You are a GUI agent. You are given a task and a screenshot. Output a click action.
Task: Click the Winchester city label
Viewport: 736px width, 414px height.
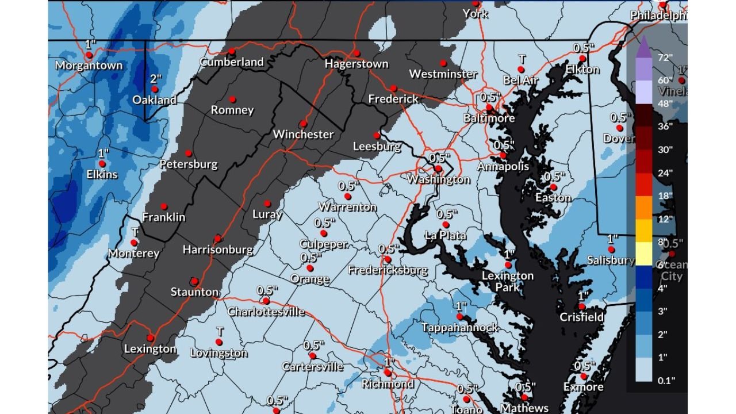pos(303,135)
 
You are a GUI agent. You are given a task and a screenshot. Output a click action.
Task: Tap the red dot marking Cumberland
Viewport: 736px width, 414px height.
pos(232,51)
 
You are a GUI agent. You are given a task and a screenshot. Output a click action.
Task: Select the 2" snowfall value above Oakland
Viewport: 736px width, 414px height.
pos(155,79)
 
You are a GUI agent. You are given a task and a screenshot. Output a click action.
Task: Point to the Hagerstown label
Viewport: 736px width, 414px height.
pos(356,64)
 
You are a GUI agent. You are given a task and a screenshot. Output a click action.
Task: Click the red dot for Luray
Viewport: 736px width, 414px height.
pos(267,204)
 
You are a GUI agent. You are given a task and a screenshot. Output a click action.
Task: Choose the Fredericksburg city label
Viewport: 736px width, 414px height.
pos(388,270)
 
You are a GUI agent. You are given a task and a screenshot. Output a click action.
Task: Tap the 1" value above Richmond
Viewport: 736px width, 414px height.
pos(388,362)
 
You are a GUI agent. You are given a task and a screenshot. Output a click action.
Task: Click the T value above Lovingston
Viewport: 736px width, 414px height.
pos(219,332)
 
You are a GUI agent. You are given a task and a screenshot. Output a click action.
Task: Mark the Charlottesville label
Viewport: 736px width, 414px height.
pos(266,312)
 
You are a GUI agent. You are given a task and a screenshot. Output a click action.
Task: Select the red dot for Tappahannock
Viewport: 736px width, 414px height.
pos(459,317)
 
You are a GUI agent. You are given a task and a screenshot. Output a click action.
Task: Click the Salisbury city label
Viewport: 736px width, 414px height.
pos(610,260)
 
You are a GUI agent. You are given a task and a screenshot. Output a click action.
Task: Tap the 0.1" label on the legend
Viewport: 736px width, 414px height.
pos(665,380)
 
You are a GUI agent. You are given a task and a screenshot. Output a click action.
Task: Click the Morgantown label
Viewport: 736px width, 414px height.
pos(89,66)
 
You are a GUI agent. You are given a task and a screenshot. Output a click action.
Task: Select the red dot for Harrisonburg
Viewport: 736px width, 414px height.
pos(217,239)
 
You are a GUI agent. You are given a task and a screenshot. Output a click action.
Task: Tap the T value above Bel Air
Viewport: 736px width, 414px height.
pos(522,59)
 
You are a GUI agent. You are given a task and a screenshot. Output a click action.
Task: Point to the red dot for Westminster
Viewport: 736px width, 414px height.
pos(443,63)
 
